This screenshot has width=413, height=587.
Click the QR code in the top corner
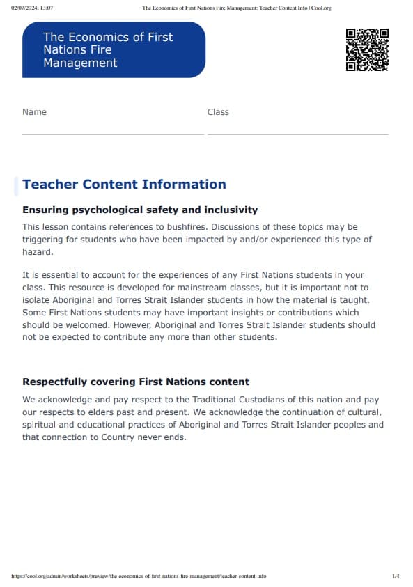pyautogui.click(x=367, y=49)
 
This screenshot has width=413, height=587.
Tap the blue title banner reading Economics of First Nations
pyautogui.click(x=114, y=49)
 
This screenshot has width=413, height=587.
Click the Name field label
pyautogui.click(x=34, y=112)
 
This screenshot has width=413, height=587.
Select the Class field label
pyautogui.click(x=218, y=112)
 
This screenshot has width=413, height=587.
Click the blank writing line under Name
pyautogui.click(x=113, y=134)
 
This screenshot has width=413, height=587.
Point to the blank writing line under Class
pyautogui.click(x=297, y=134)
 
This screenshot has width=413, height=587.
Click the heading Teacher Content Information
pyautogui.click(x=124, y=185)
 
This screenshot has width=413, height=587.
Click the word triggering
pyautogui.click(x=45, y=240)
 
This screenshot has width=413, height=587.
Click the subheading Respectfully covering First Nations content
pyautogui.click(x=136, y=382)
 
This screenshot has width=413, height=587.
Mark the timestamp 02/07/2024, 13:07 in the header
pyautogui.click(x=33, y=8)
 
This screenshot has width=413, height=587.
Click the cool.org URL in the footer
pyautogui.click(x=139, y=577)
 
